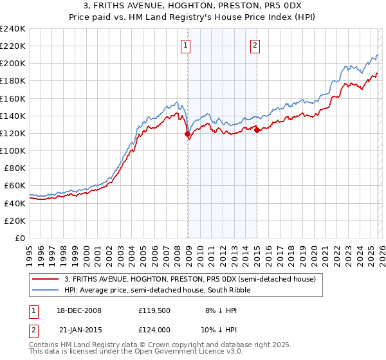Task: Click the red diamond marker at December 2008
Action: click(188, 134)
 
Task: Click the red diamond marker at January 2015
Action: click(257, 130)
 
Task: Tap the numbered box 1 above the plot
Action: click(185, 45)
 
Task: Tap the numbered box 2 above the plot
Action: click(255, 45)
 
